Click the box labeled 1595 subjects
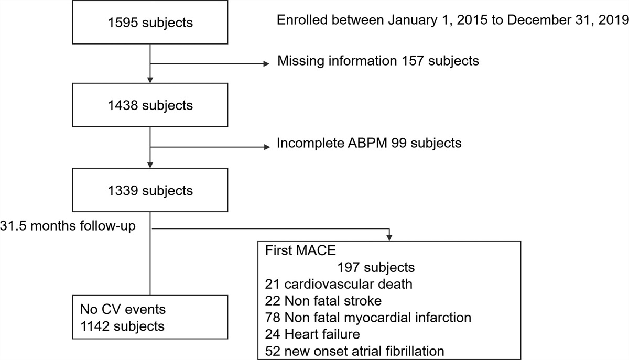150,23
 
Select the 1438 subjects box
150,105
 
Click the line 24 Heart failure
313,334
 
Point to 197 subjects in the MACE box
375,267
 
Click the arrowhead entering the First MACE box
389,236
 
